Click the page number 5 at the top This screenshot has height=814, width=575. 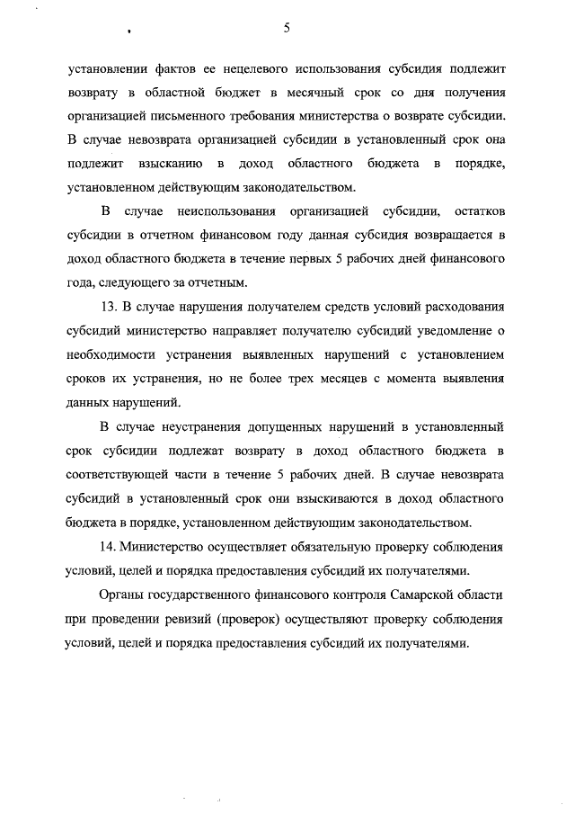pos(286,28)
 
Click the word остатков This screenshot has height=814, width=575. pos(480,211)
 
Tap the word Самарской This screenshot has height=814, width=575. pos(422,595)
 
